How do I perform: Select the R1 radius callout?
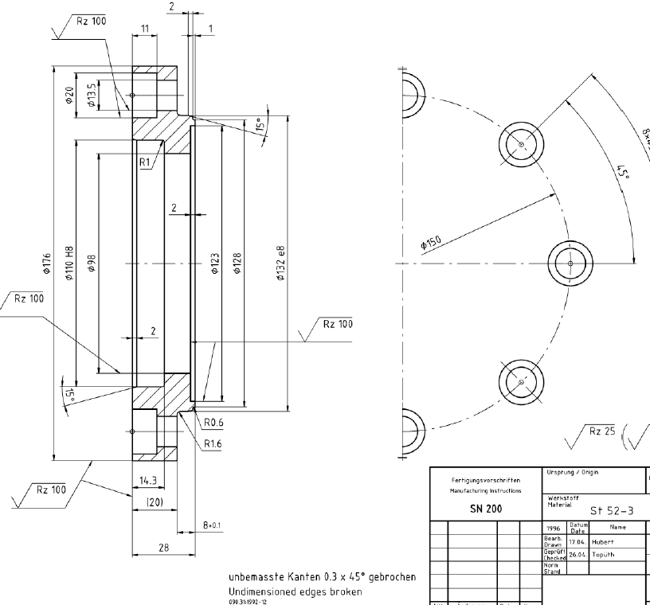[x=145, y=162]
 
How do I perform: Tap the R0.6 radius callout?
[x=213, y=423]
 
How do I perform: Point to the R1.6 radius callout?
[x=213, y=444]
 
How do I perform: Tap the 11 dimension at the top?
[x=144, y=28]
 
